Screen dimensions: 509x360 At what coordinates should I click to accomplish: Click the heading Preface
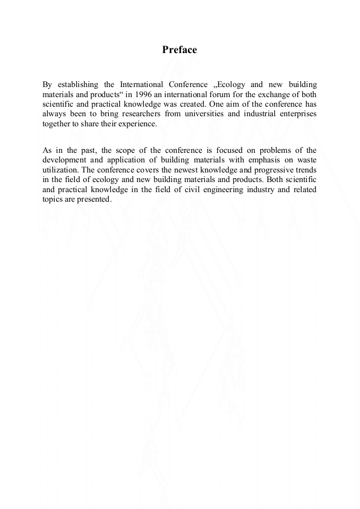179,50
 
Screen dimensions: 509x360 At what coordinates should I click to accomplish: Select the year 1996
144,94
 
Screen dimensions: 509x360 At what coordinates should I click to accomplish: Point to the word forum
217,94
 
